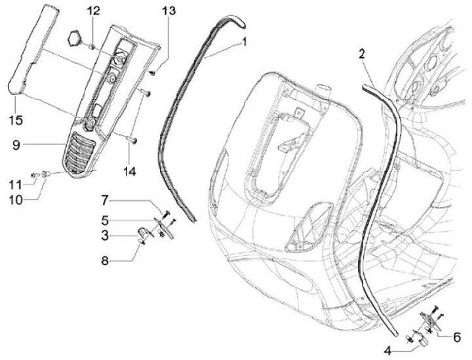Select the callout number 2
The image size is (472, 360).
(x=362, y=54)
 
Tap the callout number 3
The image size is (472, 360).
(x=106, y=233)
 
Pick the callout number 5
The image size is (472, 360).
(x=106, y=219)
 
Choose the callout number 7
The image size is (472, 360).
(x=105, y=199)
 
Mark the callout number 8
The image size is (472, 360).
(x=105, y=260)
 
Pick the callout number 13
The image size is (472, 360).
(x=168, y=10)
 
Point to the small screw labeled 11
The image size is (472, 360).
(x=33, y=176)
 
